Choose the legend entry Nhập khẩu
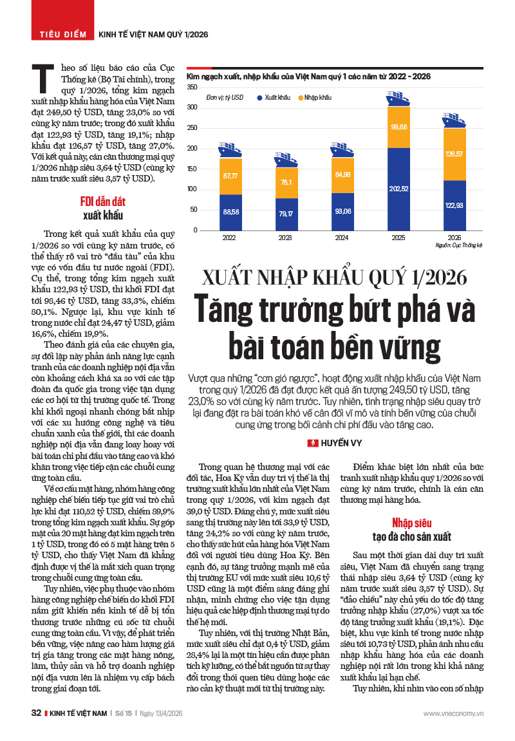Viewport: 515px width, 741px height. coord(315,97)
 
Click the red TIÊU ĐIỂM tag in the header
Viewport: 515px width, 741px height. coord(62,33)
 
